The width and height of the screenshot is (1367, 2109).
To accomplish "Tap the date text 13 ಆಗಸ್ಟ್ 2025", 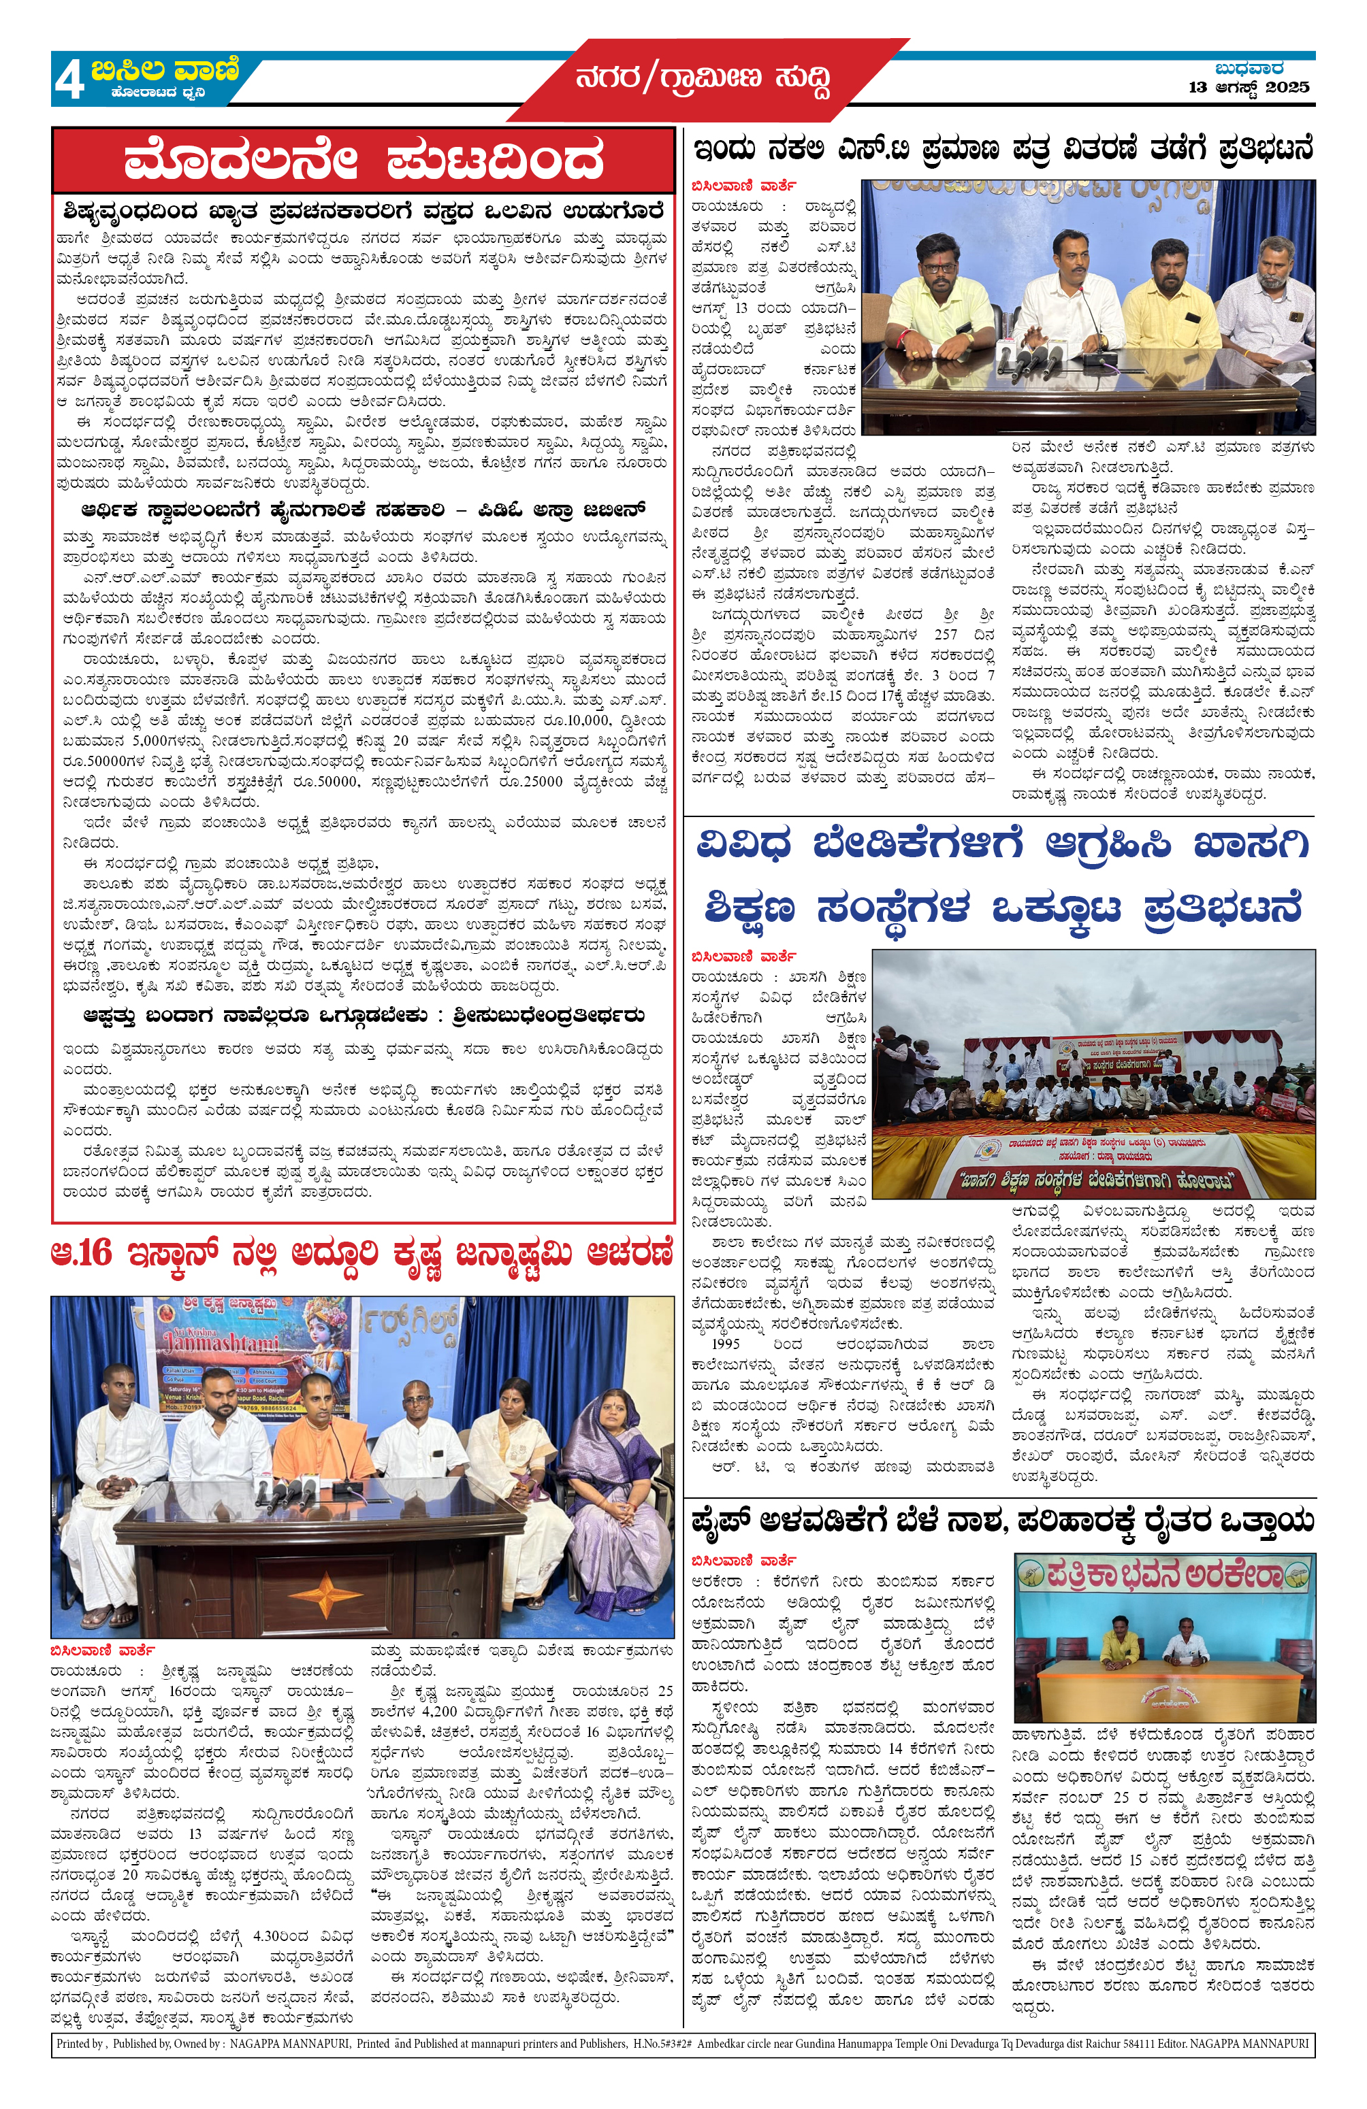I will pos(1249,87).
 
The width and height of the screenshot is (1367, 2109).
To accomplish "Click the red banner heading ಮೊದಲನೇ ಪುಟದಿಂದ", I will pos(363,161).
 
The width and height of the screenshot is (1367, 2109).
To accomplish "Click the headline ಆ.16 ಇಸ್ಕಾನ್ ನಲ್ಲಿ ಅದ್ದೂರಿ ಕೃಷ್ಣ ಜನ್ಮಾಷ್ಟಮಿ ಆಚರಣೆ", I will pos(361,1254).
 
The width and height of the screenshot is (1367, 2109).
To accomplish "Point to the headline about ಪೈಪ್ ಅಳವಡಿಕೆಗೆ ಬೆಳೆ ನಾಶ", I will pos(1001,1521).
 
